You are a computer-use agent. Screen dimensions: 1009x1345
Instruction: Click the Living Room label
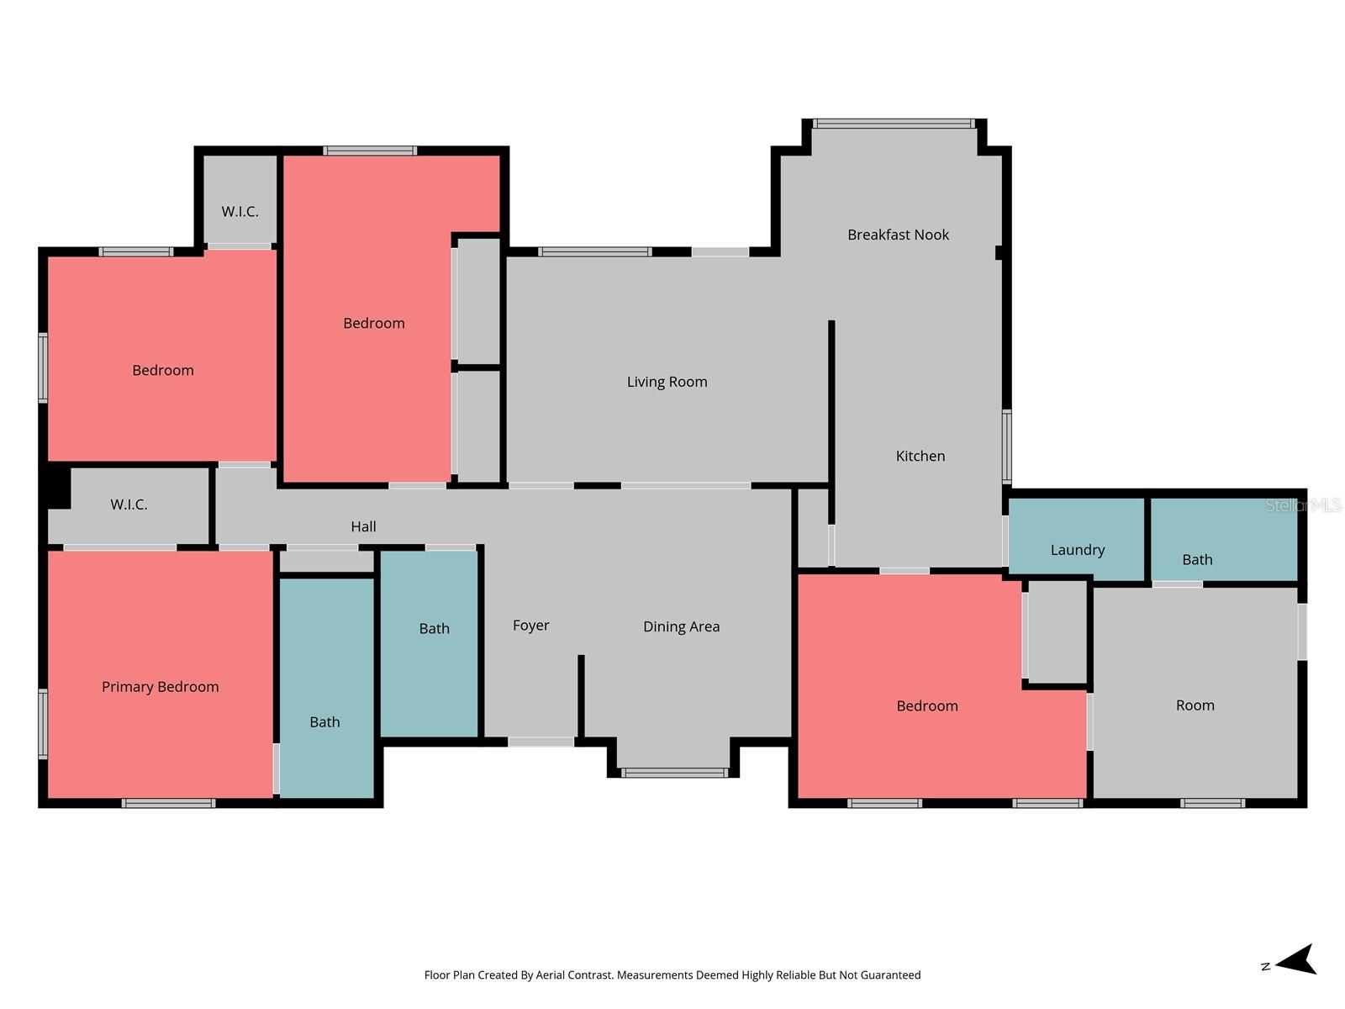tap(667, 382)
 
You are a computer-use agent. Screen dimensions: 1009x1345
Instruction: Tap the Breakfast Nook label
tap(898, 235)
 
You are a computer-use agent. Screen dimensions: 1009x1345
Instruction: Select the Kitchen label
tap(920, 456)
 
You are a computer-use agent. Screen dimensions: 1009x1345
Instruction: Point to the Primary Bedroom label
tap(160, 687)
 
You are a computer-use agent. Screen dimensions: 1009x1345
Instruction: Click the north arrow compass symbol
tap(1295, 960)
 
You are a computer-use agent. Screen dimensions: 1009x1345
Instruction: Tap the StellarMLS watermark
tap(1303, 505)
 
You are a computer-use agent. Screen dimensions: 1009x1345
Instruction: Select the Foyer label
tap(530, 626)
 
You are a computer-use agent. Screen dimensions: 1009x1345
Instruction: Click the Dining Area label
tap(681, 626)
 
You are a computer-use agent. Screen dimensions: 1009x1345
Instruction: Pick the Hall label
tap(363, 527)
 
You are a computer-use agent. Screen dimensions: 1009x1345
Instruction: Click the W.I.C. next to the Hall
tap(129, 504)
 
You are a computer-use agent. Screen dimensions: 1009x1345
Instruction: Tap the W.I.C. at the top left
tap(240, 212)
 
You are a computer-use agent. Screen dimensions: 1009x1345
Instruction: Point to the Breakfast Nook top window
tap(894, 124)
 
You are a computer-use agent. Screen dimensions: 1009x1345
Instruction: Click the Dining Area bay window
tap(674, 773)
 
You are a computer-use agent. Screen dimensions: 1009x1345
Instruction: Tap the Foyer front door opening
tap(541, 742)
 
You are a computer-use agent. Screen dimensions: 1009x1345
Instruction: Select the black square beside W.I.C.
tap(57, 486)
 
